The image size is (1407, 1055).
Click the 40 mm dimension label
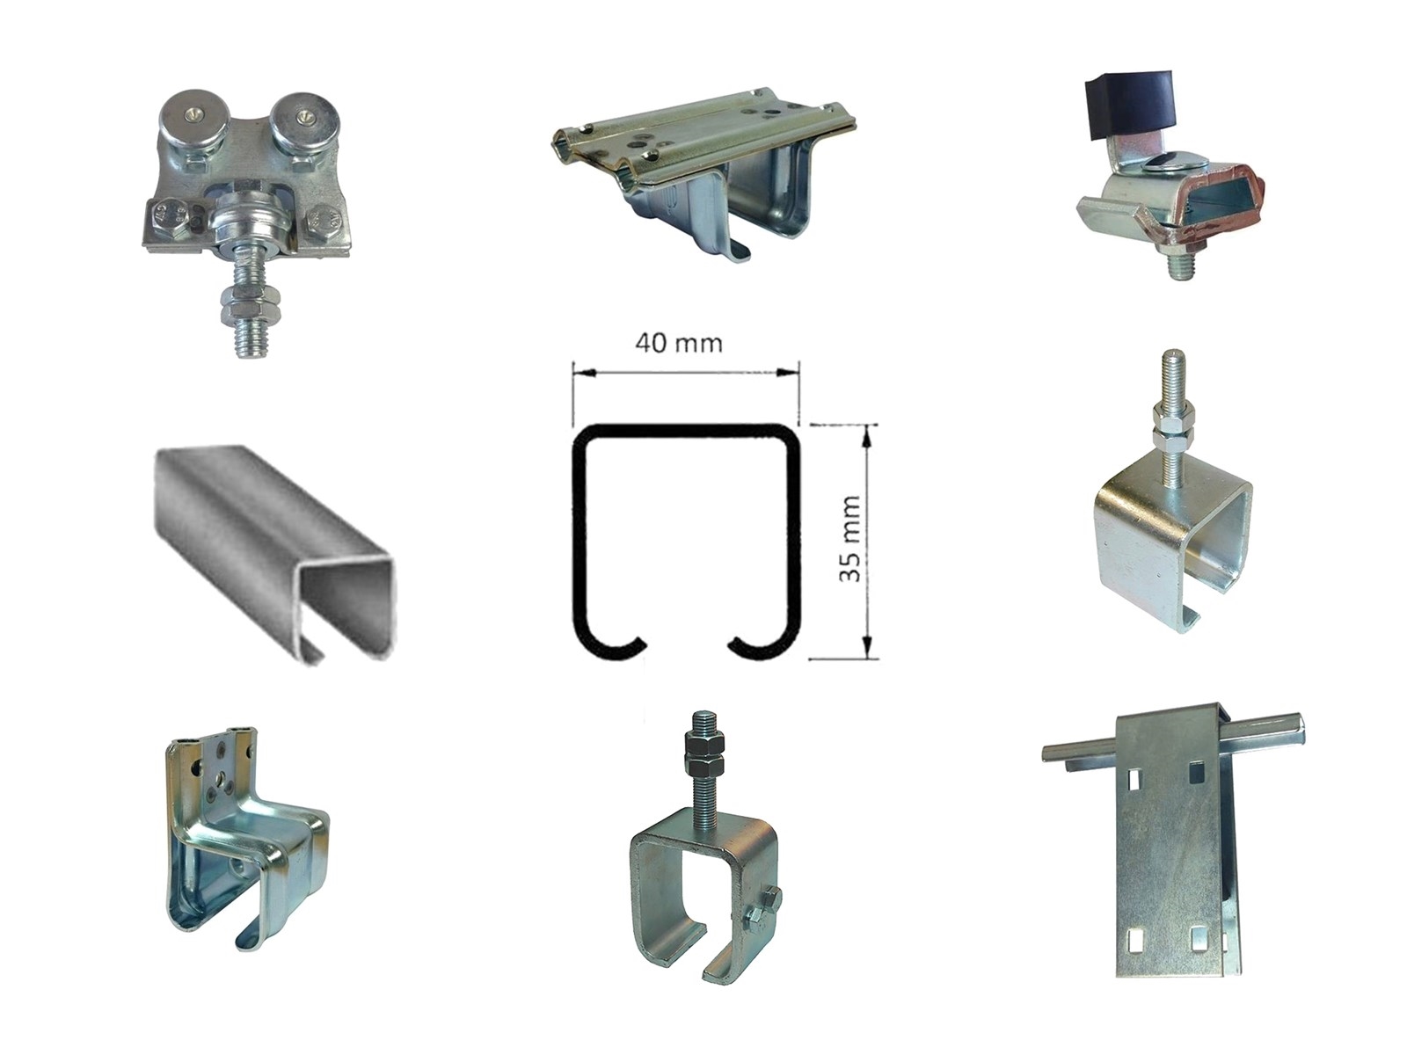(679, 344)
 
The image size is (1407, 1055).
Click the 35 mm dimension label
(850, 539)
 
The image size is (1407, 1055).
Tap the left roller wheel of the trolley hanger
(181, 120)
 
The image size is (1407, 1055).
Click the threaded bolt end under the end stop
(1179, 265)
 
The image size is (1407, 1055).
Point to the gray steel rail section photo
(273, 556)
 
